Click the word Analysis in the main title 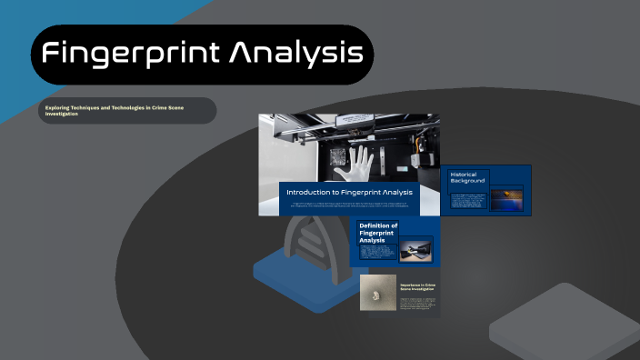point(295,54)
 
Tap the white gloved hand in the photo point(355,165)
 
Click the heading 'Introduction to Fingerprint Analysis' point(349,193)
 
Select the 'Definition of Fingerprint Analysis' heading point(378,233)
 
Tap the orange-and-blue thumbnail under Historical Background point(506,199)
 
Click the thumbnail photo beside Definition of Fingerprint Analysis point(415,250)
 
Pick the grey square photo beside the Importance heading point(377,293)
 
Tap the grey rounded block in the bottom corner point(564,323)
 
